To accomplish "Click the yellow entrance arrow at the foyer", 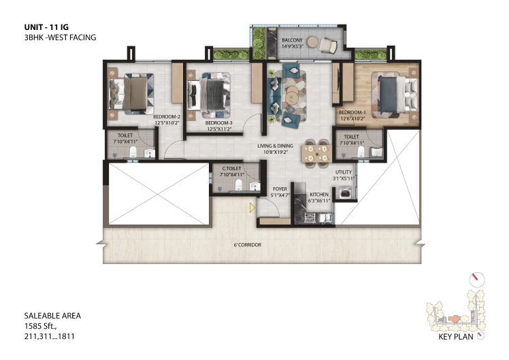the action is (252, 208).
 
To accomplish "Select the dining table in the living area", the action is (316, 154).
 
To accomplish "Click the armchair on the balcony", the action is (328, 45).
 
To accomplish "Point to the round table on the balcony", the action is (313, 42).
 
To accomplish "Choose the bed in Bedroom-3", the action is (209, 95).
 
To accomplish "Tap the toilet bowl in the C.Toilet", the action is (239, 184).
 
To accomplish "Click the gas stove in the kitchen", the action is (310, 218).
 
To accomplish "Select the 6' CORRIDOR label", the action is (248, 245).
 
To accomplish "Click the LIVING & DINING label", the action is (276, 146).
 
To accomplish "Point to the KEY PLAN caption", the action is (456, 337).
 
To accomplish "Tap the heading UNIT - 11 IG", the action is (46, 27).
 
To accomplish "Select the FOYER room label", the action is (280, 189).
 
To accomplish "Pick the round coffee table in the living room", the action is (291, 94).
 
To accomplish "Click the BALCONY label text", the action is (292, 40).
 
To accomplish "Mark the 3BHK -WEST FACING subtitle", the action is (61, 37).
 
